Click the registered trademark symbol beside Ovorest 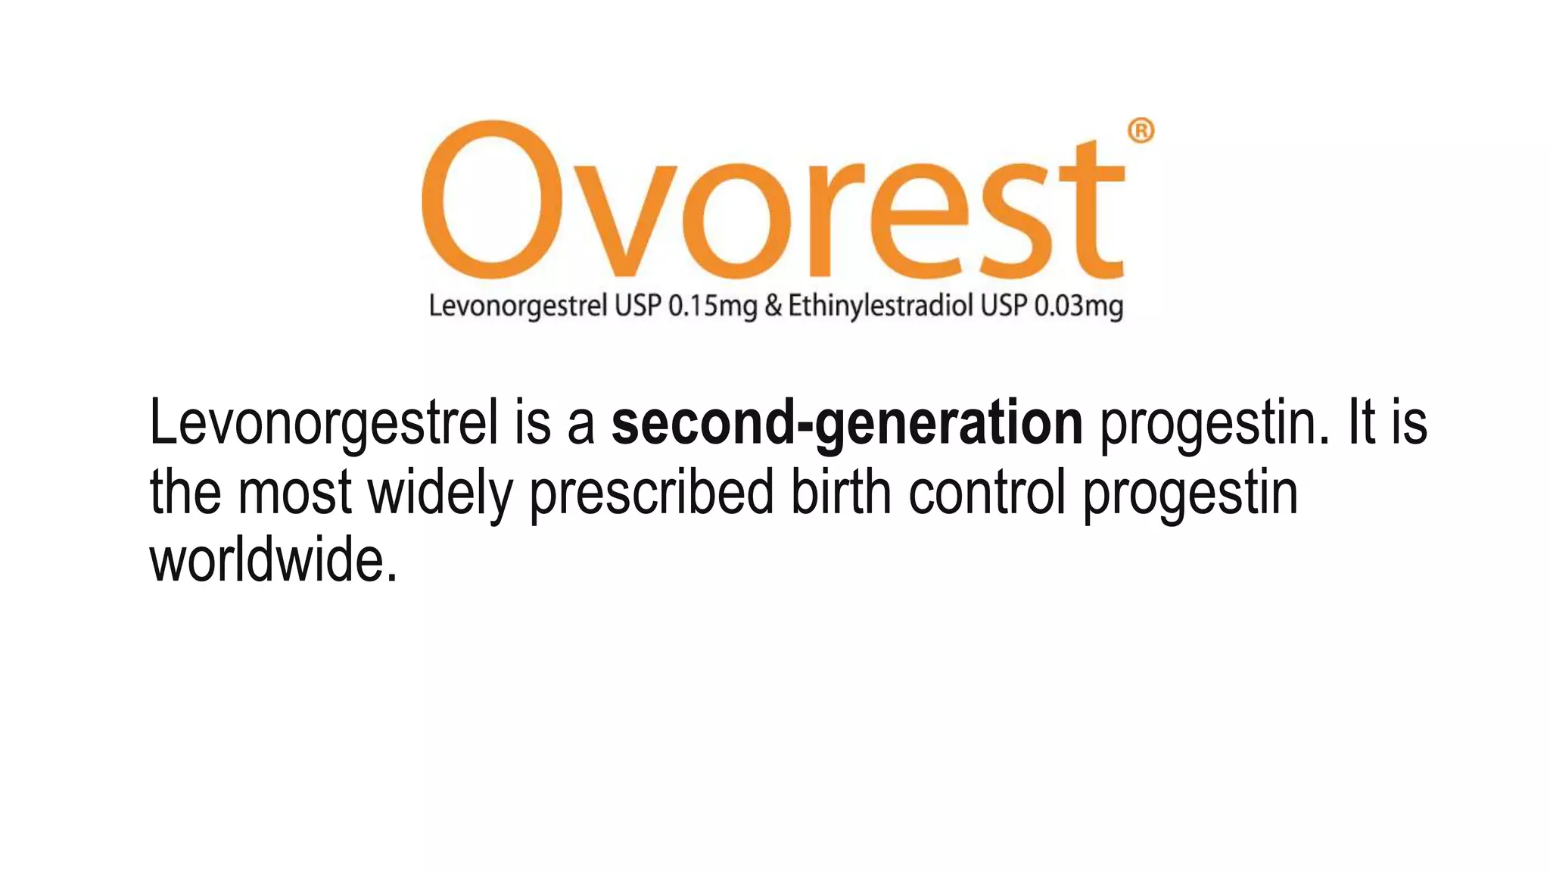(x=1141, y=131)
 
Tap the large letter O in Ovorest (x=492, y=200)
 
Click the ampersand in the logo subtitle (x=773, y=306)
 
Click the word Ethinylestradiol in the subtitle (x=880, y=307)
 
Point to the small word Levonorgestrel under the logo (x=518, y=307)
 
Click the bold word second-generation (x=847, y=424)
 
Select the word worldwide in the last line (x=273, y=561)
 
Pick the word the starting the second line (x=185, y=492)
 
